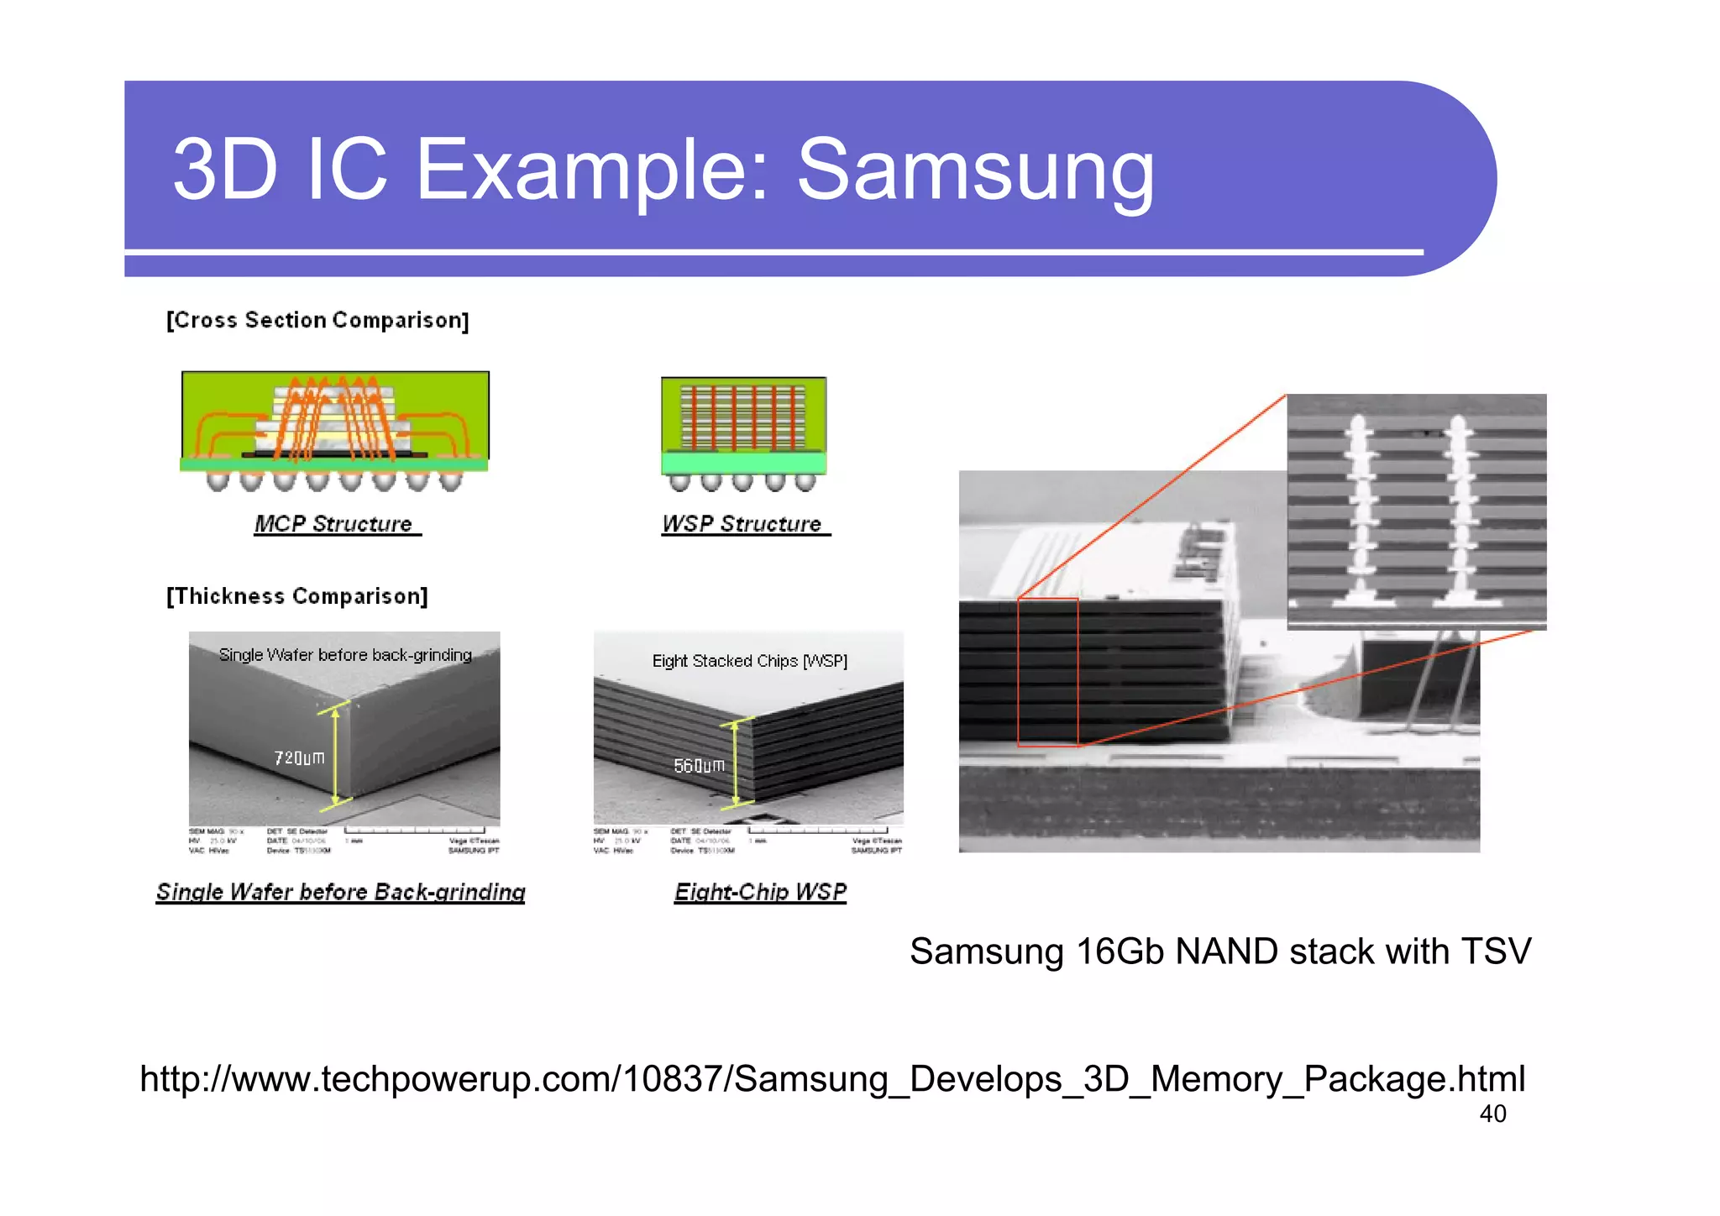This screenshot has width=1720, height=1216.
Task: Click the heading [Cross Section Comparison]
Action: coord(317,320)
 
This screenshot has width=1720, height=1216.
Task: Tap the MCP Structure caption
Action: coord(334,524)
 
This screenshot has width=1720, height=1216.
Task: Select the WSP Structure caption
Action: coord(742,524)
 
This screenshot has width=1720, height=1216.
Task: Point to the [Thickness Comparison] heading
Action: coord(297,596)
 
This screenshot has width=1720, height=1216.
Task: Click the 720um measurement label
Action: coord(299,757)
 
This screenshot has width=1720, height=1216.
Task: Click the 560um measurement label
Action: coord(699,765)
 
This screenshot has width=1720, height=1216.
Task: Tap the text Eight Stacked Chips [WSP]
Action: coord(749,661)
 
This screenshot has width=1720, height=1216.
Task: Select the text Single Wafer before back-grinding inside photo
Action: coord(344,654)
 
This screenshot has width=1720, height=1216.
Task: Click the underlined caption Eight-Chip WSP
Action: coord(760,892)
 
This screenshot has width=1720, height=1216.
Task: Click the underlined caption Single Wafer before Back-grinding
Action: coord(340,892)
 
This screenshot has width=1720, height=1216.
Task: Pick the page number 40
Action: coord(1492,1114)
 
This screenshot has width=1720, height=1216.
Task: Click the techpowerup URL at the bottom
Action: coord(831,1079)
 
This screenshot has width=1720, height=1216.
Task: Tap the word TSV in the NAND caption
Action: coord(1496,951)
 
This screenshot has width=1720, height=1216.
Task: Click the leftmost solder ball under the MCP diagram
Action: coord(218,481)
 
